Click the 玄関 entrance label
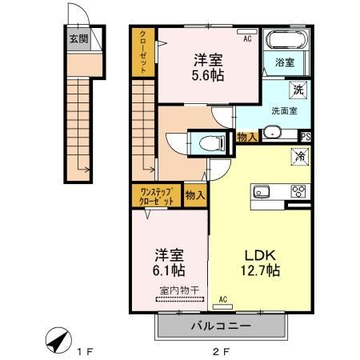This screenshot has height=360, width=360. coord(78,37)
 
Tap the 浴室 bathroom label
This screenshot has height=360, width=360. coord(285,62)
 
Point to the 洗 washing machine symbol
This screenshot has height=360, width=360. coord(297,88)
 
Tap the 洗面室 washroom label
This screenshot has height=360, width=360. coord(285,111)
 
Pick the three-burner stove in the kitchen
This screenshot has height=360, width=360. coord(298,190)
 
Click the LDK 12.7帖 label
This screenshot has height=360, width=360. coord(261,263)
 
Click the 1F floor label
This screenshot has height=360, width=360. coord(85,350)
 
